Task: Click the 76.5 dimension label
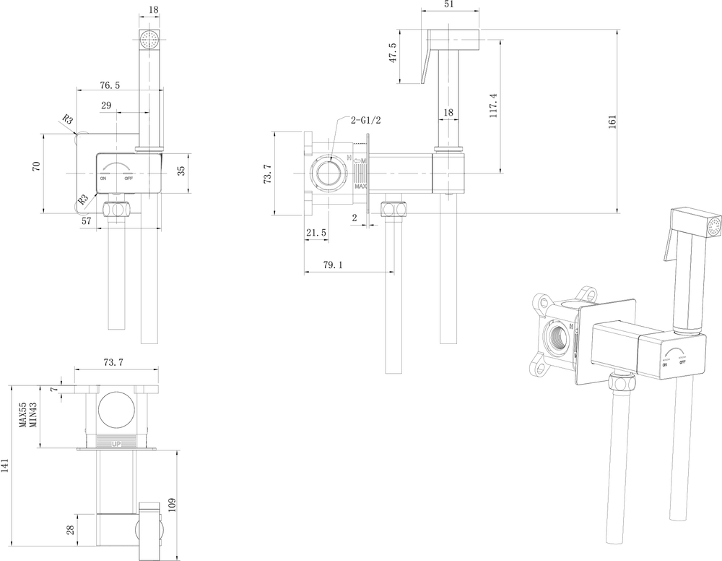coord(110,85)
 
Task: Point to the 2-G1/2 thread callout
coord(367,120)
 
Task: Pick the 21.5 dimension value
coord(316,232)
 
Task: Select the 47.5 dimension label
coord(393,53)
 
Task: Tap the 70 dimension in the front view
coord(36,166)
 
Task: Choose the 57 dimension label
coord(87,221)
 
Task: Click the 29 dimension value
coord(106,106)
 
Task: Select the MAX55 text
coord(23,415)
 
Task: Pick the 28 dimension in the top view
coord(69,529)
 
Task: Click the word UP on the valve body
coord(116,442)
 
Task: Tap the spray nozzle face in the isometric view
coord(715,226)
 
